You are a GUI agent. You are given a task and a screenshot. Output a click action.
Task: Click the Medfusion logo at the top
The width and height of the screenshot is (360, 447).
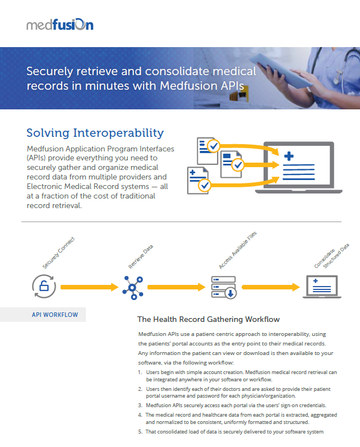click(60, 25)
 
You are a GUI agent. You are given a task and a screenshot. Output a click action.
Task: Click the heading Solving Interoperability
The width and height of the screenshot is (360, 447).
click(95, 133)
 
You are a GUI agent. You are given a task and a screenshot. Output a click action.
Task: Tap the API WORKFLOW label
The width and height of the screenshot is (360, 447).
click(55, 315)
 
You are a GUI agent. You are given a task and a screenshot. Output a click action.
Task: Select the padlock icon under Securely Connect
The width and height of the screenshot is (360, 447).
click(44, 286)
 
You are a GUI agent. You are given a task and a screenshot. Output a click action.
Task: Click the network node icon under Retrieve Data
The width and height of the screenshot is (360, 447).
click(133, 288)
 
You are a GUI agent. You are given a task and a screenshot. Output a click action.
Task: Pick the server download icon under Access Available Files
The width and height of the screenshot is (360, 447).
click(224, 287)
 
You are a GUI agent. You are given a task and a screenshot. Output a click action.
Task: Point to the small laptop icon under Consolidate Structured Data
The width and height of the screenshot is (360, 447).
click(322, 287)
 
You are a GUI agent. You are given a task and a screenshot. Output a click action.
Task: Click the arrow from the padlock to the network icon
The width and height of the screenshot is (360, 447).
click(90, 287)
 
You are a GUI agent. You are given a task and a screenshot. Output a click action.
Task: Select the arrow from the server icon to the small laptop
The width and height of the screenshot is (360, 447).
click(271, 287)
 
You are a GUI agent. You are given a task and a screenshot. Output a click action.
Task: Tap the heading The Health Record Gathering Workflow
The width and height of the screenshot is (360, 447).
click(209, 319)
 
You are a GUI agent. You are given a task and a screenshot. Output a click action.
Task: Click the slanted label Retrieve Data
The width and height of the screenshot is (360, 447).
click(141, 256)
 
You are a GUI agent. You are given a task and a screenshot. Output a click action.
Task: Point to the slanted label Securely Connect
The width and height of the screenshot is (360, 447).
click(58, 253)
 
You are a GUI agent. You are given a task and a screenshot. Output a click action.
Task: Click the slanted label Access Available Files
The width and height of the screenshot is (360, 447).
click(238, 250)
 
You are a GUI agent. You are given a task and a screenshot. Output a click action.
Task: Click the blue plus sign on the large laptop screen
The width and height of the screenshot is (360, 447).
click(289, 156)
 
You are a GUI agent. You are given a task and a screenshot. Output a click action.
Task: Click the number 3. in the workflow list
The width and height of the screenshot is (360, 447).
click(140, 405)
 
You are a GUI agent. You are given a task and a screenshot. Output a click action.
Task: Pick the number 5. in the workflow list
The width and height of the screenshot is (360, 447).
click(140, 432)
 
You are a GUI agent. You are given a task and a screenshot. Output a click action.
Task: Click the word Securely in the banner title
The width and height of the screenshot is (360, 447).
click(49, 72)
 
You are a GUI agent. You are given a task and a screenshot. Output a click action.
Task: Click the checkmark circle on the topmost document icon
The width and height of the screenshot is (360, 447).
click(214, 146)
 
